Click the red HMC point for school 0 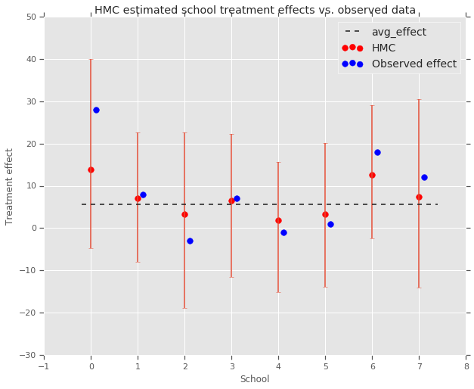[x=91, y=170]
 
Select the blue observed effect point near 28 [x=96, y=110]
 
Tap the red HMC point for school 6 [x=372, y=175]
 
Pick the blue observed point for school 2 [x=190, y=241]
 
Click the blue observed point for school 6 [x=377, y=152]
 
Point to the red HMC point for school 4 [x=278, y=220]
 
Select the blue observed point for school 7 [x=424, y=177]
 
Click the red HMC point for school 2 [x=184, y=214]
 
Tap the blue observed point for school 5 [x=330, y=224]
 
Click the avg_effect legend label [x=398, y=32]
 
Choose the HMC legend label [x=383, y=48]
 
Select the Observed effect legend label [x=414, y=64]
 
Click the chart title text [x=255, y=10]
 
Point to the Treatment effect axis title [x=10, y=186]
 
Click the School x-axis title [x=255, y=379]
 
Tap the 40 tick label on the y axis [x=32, y=59]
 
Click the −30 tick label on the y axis [x=29, y=355]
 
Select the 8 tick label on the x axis [x=466, y=366]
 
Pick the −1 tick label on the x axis [x=44, y=366]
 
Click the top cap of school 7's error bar [x=419, y=100]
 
